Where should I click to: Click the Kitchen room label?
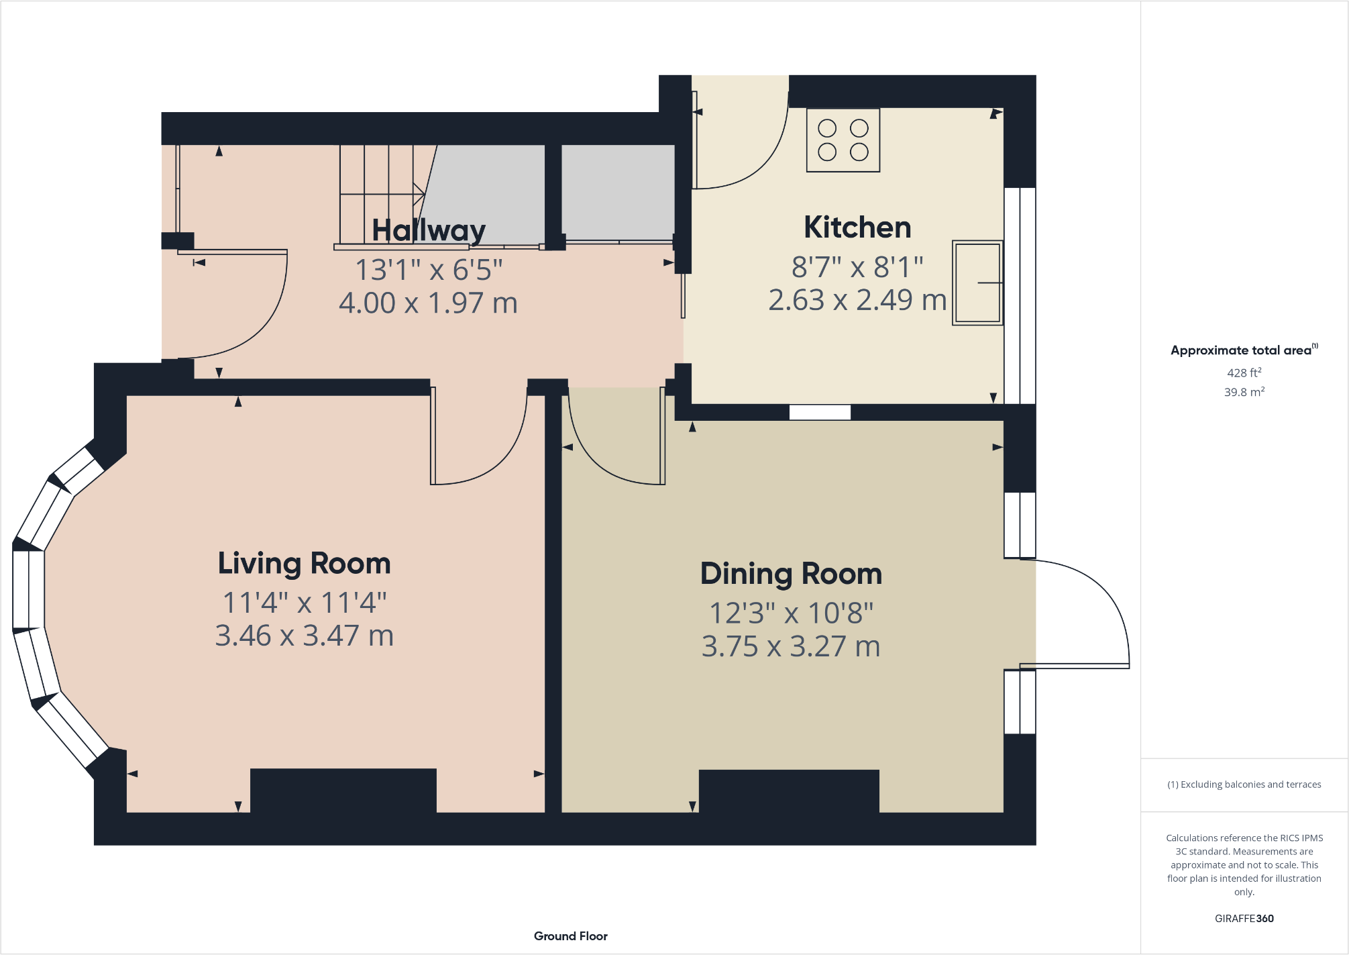coord(857,228)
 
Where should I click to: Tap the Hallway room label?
coord(429,230)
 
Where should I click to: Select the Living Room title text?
coord(304,563)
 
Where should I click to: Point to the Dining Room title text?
coord(791,574)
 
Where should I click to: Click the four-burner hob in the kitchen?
coord(843,140)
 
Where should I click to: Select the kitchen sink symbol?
coord(977,283)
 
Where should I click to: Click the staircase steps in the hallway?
coord(379,195)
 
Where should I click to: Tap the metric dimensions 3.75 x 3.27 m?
coord(791,646)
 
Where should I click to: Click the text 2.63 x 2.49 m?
coord(857,300)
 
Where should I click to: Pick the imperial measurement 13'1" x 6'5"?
coord(429,270)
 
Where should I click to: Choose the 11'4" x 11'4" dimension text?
coord(304,603)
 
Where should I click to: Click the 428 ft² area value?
coord(1244,372)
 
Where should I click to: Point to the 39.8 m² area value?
coord(1244,392)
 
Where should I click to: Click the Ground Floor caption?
coord(570,936)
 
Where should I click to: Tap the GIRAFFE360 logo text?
coord(1244,918)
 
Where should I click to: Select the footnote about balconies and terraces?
coord(1244,784)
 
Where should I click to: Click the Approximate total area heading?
coord(1242,350)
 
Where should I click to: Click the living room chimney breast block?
coord(343,790)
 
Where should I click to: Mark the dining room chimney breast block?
coord(789,791)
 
